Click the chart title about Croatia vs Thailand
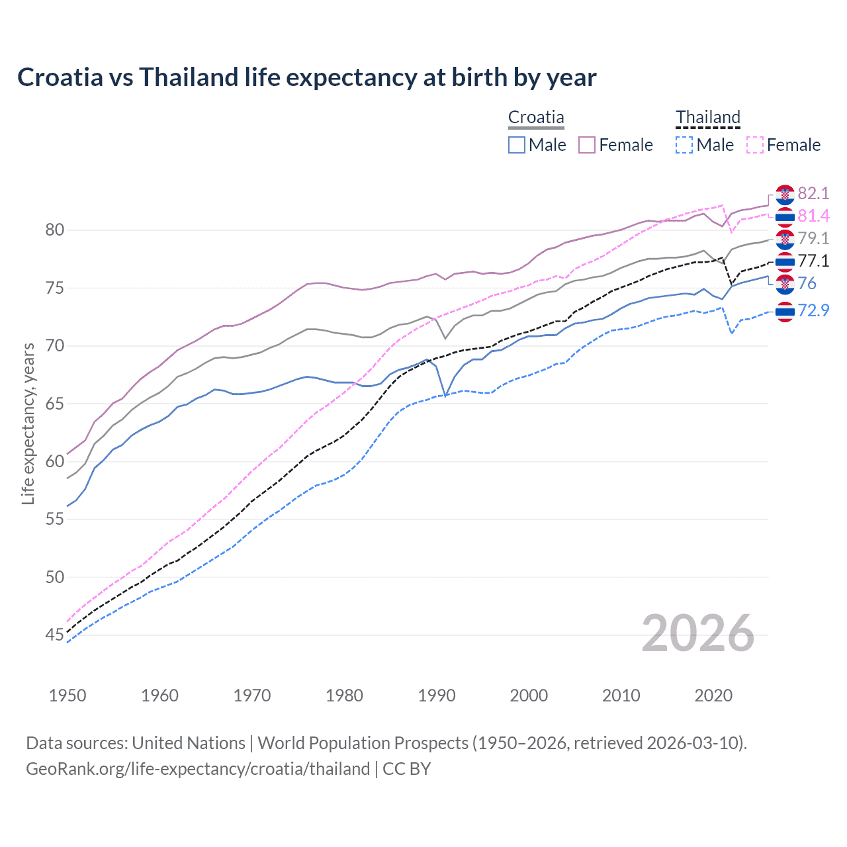[307, 77]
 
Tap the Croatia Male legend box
[517, 145]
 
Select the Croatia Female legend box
[587, 145]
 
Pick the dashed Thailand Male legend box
[685, 145]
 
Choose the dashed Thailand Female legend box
[755, 145]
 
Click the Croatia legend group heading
[536, 118]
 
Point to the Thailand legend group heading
[707, 118]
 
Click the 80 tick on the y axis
[55, 230]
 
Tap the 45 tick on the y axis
[55, 635]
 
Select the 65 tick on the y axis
[55, 404]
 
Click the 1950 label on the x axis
[67, 695]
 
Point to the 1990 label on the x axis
[437, 695]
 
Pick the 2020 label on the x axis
[713, 695]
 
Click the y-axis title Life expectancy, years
[28, 423]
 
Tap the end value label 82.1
[813, 193]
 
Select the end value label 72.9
[813, 310]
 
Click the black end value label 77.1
[813, 261]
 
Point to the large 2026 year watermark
[698, 634]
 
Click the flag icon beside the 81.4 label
[785, 216]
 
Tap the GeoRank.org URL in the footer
[197, 769]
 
